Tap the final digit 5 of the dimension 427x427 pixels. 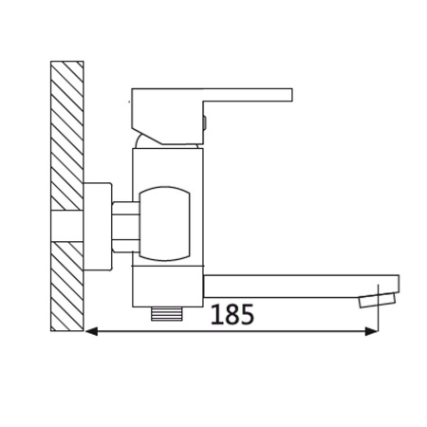[x=247, y=314]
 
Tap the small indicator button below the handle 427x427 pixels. [x=204, y=120]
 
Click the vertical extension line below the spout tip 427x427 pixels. [x=380, y=318]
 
